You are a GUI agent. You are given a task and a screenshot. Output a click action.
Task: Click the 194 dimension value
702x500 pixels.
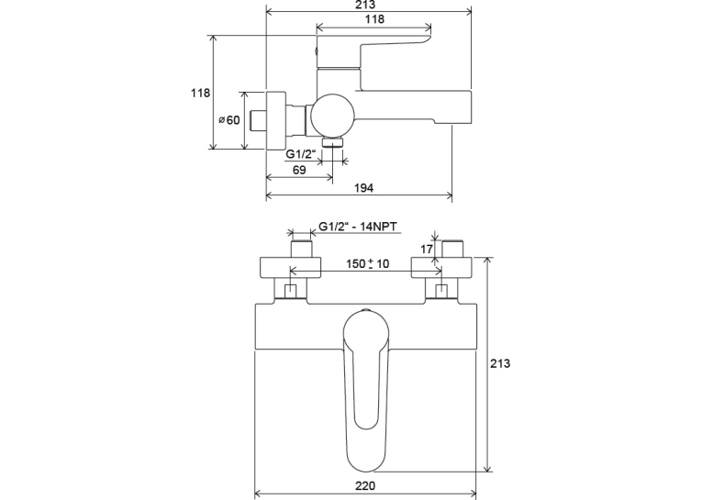point(363,188)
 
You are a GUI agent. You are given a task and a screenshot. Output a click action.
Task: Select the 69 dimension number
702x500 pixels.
point(299,170)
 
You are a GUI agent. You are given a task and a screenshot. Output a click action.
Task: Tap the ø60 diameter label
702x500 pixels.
point(229,120)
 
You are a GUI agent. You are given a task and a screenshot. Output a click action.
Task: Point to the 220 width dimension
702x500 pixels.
point(365,485)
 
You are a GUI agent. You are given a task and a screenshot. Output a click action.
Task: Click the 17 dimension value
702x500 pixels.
point(427,249)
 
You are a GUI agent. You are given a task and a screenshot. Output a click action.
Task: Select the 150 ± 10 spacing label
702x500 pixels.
point(367,263)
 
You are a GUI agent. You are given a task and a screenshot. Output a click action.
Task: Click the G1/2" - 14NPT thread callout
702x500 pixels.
point(358,227)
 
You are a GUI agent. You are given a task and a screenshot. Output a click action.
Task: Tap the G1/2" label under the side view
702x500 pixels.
point(300,154)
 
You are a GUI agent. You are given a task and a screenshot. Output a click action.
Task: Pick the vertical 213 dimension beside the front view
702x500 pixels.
point(499,363)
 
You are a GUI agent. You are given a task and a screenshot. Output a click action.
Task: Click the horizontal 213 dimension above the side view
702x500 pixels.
point(366,5)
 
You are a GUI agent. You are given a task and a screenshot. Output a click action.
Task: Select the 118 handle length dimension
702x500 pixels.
point(374,18)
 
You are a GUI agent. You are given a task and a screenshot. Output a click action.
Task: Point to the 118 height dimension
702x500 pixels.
point(200,93)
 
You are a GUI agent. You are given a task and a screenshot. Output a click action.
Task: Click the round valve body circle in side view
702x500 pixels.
point(332,115)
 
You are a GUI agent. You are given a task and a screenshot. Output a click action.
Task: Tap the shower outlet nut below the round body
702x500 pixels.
point(332,142)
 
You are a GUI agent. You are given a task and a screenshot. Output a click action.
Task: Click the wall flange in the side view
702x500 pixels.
point(276,120)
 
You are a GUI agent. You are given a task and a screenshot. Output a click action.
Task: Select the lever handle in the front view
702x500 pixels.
point(366,389)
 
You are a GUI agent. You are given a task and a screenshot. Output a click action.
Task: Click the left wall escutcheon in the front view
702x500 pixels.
point(291,268)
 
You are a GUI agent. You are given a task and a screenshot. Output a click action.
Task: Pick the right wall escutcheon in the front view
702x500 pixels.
point(441,268)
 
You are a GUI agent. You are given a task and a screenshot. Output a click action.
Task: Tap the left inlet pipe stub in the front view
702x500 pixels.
point(301,249)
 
